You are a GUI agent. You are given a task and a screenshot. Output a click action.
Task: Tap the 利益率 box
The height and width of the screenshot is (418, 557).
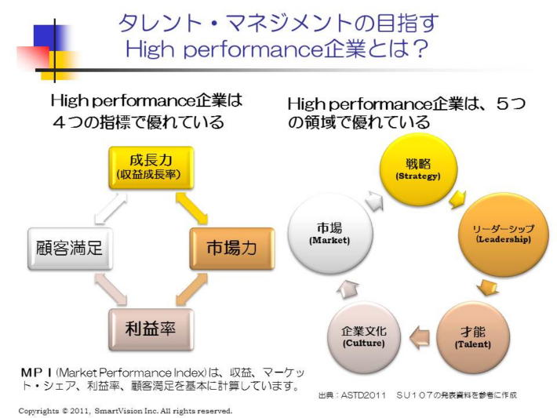click(x=149, y=328)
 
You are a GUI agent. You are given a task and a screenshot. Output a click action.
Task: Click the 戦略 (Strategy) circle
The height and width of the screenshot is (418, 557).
click(x=418, y=169)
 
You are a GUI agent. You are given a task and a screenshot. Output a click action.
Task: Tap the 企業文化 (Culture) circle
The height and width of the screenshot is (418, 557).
click(x=359, y=337)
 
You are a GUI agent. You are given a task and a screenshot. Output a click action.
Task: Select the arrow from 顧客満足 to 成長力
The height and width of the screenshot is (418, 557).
click(x=108, y=207)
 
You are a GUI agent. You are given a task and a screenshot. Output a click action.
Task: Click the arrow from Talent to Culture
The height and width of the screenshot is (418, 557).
click(x=419, y=337)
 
